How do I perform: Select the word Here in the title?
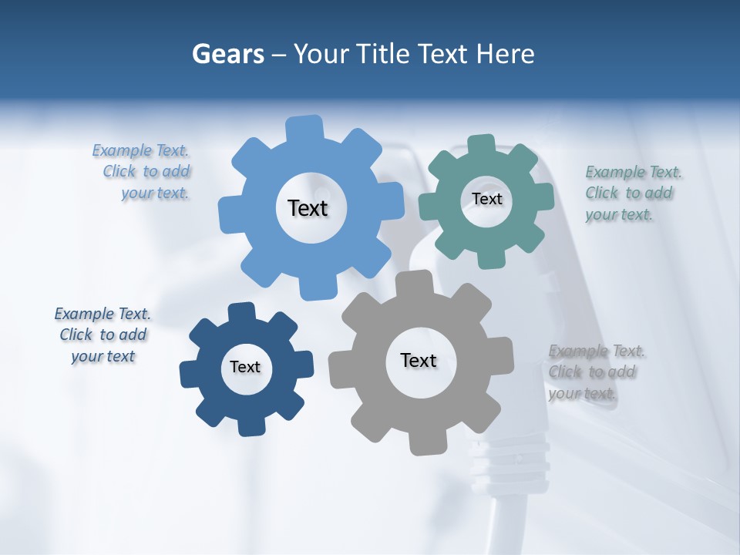[505, 54]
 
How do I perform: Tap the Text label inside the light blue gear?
[308, 208]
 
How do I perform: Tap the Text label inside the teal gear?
[486, 199]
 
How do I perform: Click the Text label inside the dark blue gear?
[245, 368]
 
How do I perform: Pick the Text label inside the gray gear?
[419, 360]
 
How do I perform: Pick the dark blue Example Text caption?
[103, 335]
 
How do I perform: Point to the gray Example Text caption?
[594, 372]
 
